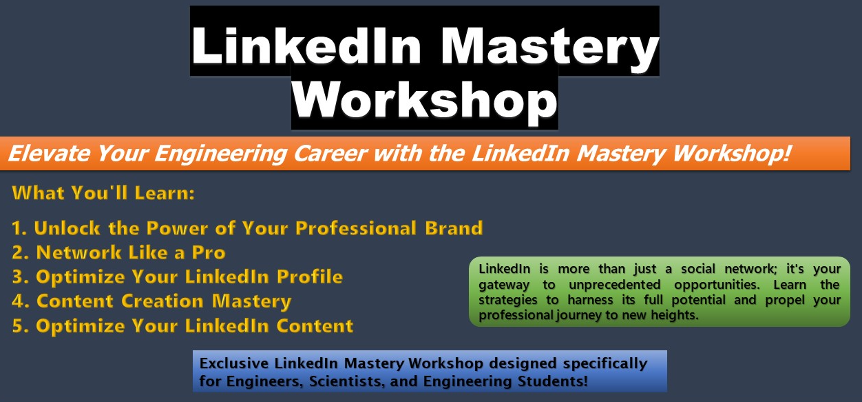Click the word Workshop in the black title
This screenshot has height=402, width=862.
coord(425,100)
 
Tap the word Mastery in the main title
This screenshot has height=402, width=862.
coord(549,47)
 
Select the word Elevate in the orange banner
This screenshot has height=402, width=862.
coord(49,153)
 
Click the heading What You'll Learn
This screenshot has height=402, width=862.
coord(103,192)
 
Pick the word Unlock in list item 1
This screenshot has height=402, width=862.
coord(67,228)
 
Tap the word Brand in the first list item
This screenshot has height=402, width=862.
coord(454,228)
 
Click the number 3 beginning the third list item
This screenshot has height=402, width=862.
coord(17,277)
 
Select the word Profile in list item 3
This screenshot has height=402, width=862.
coord(310,277)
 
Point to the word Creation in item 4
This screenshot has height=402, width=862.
coord(162,301)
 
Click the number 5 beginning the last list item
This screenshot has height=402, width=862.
coord(17,325)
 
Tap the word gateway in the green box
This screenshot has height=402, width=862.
coord(504,285)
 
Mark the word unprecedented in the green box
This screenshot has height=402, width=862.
coord(615,285)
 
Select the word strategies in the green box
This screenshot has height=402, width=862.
coord(507,300)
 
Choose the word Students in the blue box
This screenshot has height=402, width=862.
coord(553,381)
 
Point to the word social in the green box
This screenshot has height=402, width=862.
coord(698,269)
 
